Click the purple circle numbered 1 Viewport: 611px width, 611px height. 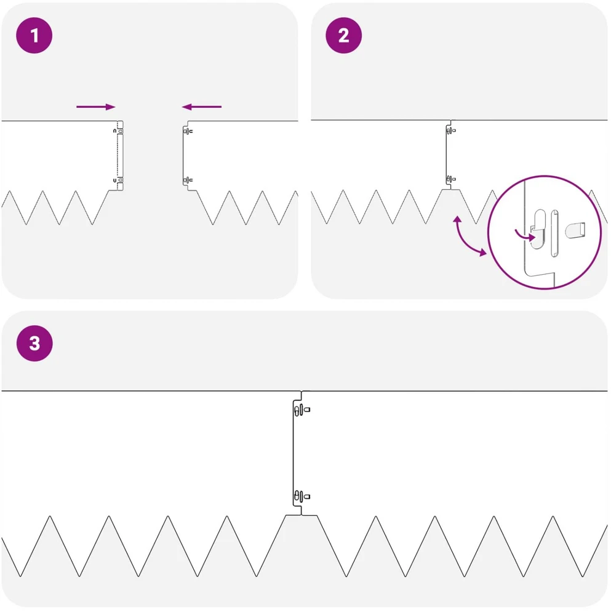coord(34,36)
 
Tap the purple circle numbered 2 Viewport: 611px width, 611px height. coord(344,36)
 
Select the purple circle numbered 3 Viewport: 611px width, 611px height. coord(34,343)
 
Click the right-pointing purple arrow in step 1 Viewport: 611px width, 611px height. coord(96,107)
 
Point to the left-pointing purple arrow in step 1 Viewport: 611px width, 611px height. coord(201,107)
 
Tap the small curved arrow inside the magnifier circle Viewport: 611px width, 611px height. coord(525,235)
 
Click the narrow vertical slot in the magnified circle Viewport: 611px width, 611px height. coord(554,233)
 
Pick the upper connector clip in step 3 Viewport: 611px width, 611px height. coord(302,410)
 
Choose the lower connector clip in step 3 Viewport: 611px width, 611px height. coord(302,496)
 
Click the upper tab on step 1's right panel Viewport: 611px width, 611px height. coord(188,131)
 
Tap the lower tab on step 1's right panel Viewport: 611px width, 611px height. coord(188,180)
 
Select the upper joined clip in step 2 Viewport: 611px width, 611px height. coord(451,131)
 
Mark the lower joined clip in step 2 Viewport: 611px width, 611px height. coord(451,179)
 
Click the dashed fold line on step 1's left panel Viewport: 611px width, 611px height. coord(118,155)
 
